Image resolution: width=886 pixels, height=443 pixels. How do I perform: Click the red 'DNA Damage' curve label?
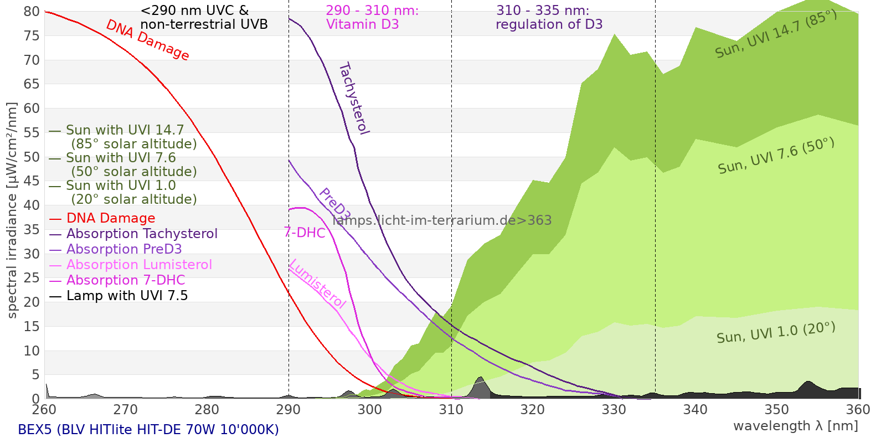147,40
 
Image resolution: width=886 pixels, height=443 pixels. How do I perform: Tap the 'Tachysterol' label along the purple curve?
354,99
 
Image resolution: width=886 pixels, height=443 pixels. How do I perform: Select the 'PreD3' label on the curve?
334,204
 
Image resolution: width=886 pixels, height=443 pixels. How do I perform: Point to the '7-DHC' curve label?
305,233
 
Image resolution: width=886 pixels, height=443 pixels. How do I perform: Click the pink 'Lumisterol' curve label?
317,284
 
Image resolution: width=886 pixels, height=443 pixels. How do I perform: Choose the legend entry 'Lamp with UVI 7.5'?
127,296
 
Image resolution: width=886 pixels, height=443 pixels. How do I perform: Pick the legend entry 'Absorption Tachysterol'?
142,234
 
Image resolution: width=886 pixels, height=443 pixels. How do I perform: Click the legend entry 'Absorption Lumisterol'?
139,265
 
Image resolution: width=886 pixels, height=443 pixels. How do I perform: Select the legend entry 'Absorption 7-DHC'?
126,280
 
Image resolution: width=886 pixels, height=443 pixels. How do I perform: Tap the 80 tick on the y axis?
32,12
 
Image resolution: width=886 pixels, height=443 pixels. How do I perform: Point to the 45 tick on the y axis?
32,181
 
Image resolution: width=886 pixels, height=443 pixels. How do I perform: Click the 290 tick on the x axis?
289,410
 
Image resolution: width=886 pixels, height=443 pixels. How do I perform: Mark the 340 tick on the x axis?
696,410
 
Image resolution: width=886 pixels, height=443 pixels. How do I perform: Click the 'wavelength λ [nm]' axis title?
796,426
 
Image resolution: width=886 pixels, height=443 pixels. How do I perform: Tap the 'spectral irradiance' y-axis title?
12,210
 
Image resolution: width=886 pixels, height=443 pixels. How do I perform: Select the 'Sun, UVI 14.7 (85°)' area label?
776,34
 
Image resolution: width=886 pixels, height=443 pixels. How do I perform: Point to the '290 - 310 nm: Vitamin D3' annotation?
372,18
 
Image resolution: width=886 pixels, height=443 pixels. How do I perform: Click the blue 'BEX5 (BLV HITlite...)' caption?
148,430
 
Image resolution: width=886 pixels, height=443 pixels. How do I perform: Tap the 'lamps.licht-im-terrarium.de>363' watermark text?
442,220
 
